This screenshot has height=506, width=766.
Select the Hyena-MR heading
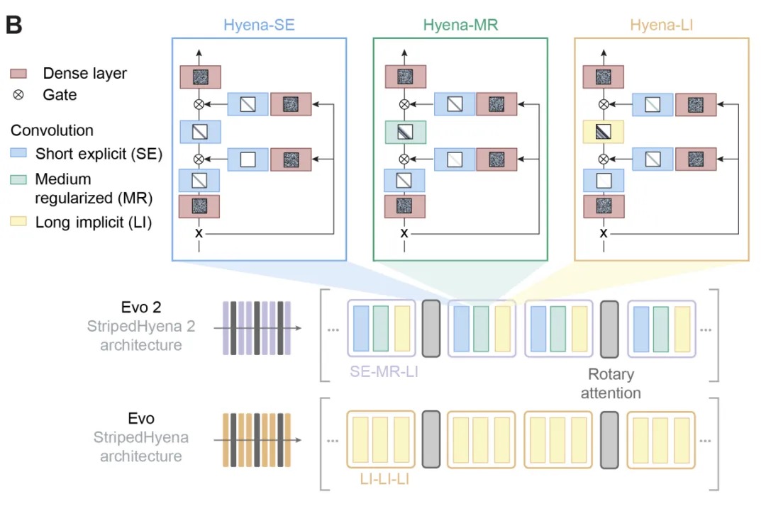pyautogui.click(x=460, y=26)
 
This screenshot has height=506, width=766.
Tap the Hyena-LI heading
pyautogui.click(x=661, y=26)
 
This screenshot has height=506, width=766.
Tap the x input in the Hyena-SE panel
pyautogui.click(x=199, y=232)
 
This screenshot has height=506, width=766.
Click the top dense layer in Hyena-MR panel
pyautogui.click(x=405, y=77)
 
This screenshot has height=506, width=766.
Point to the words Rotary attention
pyautogui.click(x=610, y=383)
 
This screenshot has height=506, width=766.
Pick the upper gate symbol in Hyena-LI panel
pyautogui.click(x=603, y=104)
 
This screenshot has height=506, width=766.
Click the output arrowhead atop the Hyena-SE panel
pyautogui.click(x=199, y=53)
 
